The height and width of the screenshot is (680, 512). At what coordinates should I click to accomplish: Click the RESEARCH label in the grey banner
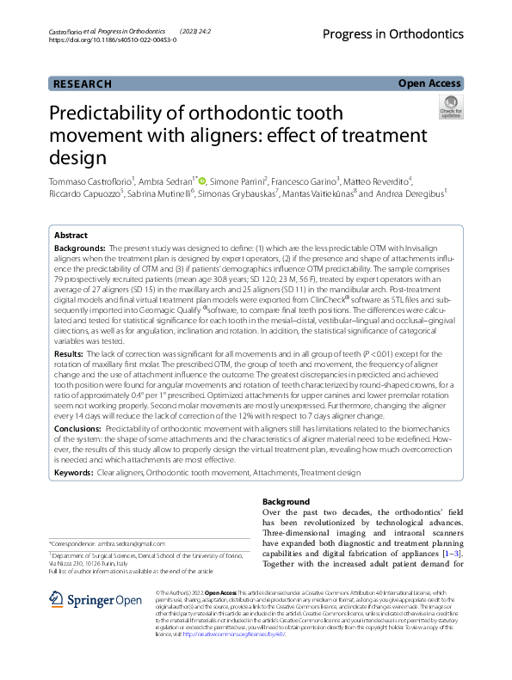coord(83,83)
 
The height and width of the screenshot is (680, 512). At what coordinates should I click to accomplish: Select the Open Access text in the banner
coord(429,83)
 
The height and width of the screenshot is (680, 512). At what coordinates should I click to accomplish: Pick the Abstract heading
coord(71,235)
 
